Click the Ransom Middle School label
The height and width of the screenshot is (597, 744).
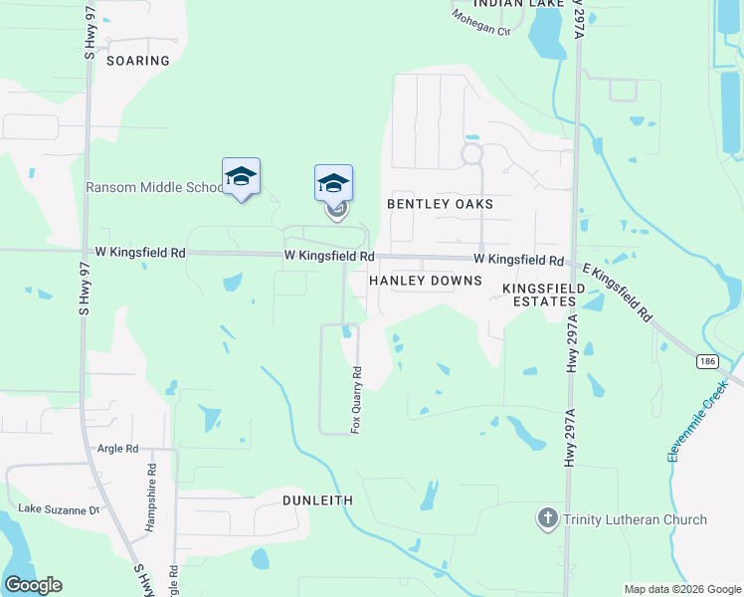(155, 187)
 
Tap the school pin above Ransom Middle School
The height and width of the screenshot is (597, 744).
(241, 176)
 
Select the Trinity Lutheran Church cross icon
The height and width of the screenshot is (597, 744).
(547, 518)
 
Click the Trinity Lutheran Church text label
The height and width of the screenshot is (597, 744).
(636, 519)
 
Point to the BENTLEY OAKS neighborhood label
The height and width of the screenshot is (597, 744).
(440, 204)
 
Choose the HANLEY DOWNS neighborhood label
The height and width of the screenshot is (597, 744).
(425, 282)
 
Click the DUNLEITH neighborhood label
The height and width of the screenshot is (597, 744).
(318, 499)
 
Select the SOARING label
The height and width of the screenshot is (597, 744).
(140, 61)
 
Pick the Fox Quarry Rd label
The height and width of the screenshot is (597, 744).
(356, 400)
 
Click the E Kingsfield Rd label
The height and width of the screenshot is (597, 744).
(617, 293)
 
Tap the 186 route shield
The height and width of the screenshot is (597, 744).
(707, 360)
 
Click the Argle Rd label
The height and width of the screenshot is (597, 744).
(117, 449)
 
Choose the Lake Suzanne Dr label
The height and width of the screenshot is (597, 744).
(60, 510)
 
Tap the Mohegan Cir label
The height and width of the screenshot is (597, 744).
(480, 23)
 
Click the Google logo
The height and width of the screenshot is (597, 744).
(33, 585)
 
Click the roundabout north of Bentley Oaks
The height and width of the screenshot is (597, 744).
(471, 154)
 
